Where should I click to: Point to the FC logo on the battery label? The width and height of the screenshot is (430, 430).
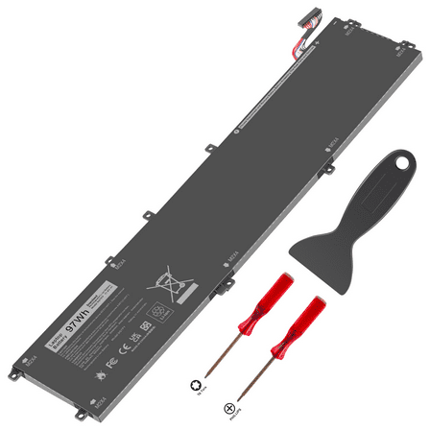pos(111,364)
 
